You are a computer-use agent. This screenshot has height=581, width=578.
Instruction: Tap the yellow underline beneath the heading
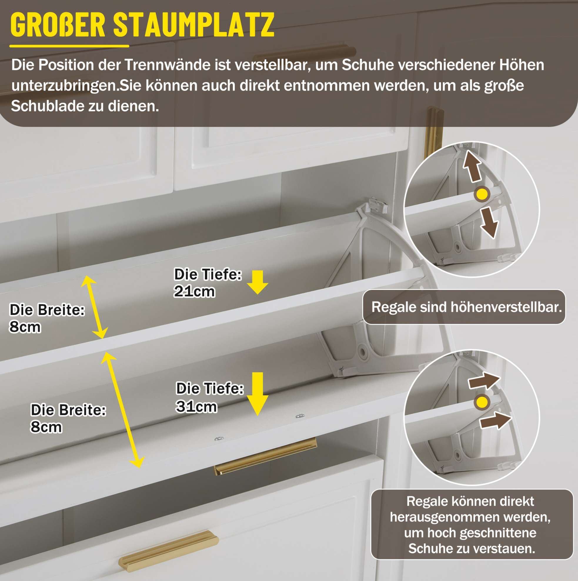tap(69, 46)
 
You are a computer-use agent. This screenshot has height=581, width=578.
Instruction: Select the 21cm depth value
tap(194, 291)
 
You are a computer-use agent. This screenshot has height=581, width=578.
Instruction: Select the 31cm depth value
tap(196, 406)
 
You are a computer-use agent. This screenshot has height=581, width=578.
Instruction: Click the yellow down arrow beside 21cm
tap(258, 282)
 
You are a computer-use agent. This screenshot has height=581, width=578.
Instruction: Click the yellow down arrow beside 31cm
tap(258, 394)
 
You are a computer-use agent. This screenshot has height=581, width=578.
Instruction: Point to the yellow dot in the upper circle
tap(482, 194)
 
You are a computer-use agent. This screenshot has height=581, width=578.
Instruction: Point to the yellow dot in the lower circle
tap(482, 402)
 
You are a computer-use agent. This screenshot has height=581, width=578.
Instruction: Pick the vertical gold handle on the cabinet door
tap(434, 133)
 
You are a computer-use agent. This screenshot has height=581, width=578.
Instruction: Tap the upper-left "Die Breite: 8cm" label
tap(47, 318)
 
